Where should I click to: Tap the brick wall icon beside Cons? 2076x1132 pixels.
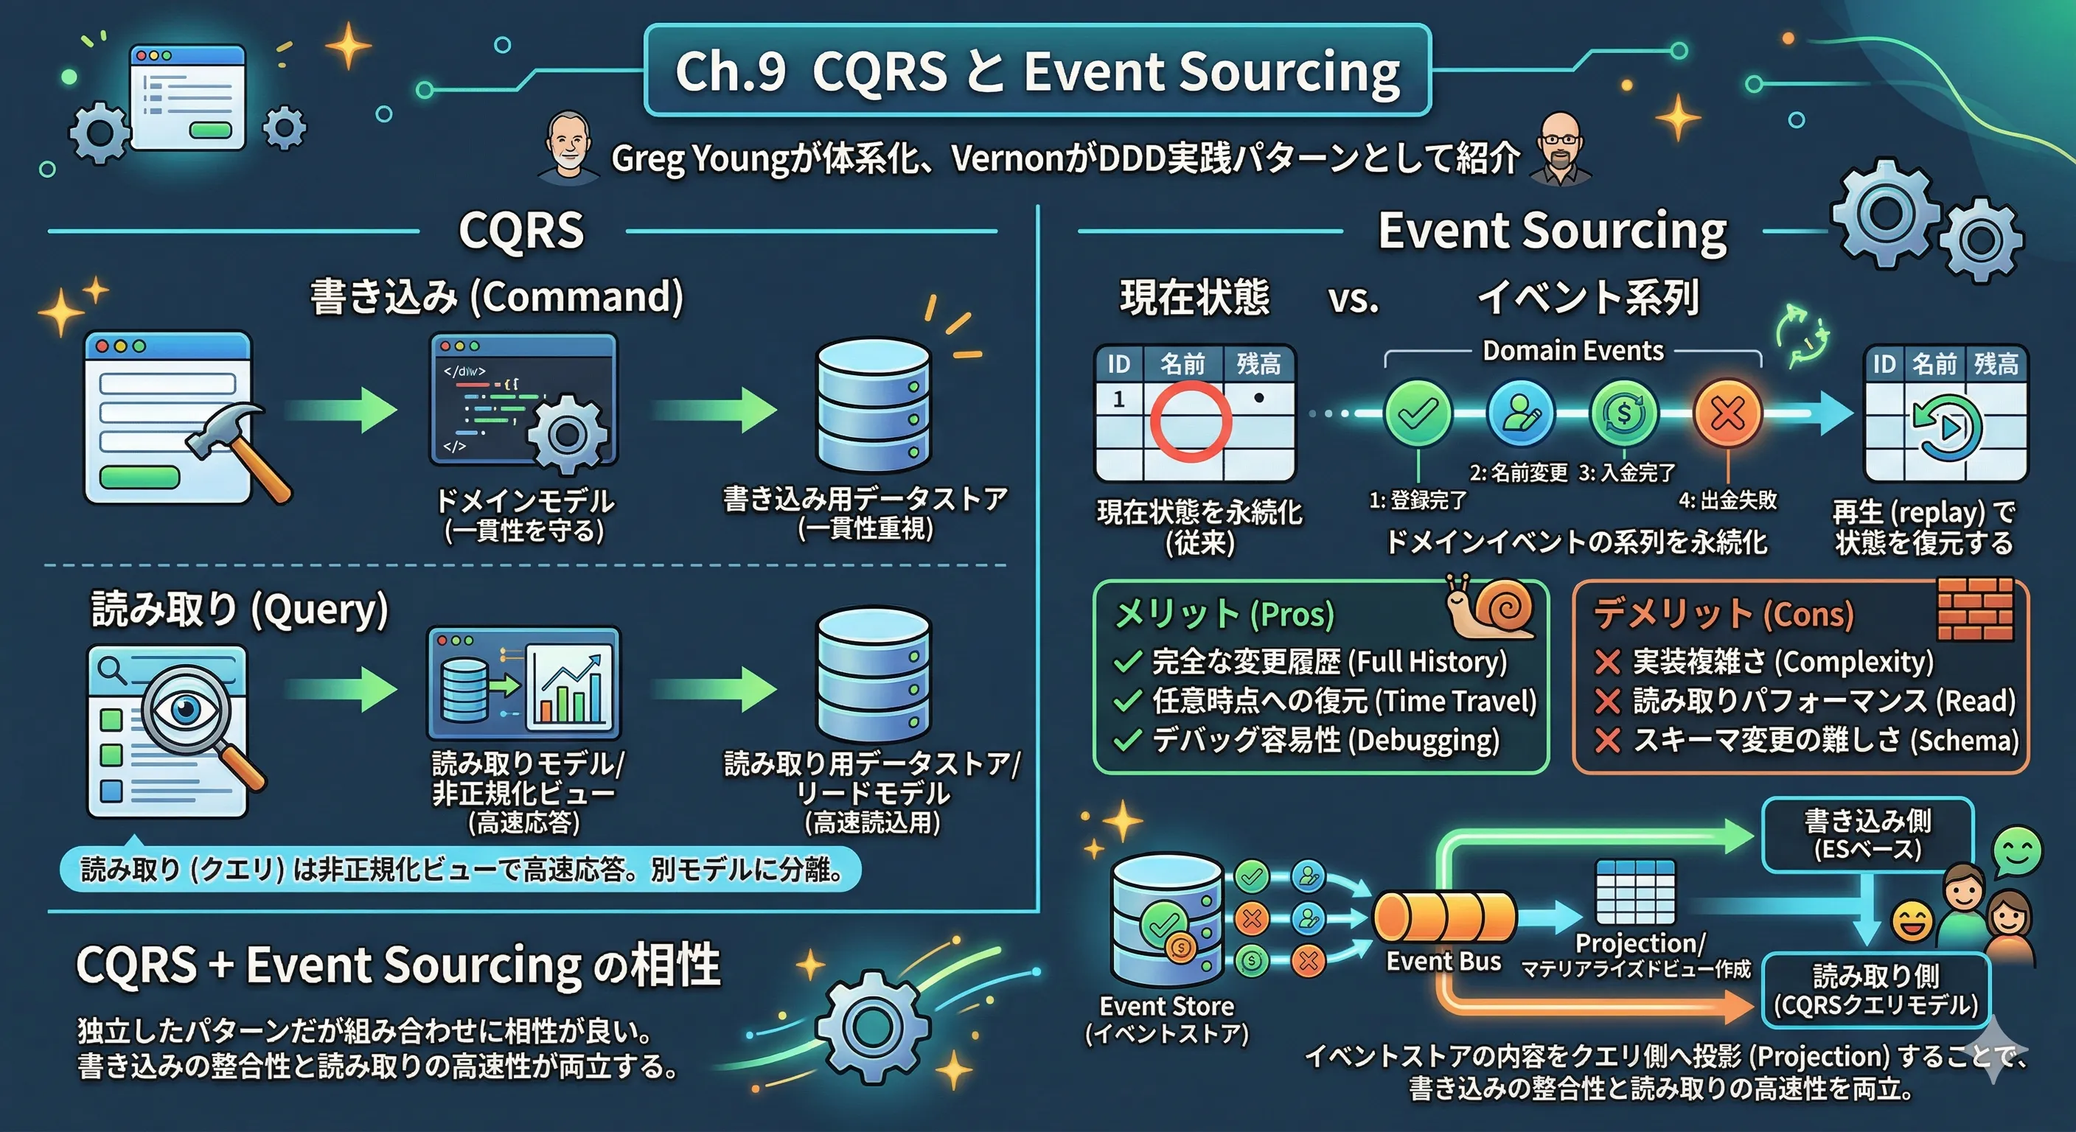point(1975,608)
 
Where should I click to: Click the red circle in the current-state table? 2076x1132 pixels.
point(1190,421)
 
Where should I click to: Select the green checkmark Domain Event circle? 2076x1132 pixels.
point(1418,414)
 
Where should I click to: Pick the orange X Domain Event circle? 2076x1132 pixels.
point(1728,414)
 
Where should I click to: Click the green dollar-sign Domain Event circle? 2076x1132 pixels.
point(1625,414)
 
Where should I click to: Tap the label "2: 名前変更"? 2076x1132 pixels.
point(1519,472)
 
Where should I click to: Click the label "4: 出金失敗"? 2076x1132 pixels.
point(1728,500)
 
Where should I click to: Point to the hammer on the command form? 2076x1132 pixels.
point(239,451)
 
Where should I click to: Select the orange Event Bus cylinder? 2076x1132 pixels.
point(1444,918)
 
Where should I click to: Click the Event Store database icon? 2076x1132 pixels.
point(1166,919)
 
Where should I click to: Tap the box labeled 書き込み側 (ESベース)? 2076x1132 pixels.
point(1867,835)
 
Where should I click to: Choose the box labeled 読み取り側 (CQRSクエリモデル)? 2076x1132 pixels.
point(1875,990)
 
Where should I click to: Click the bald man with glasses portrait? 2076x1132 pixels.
point(1560,150)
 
